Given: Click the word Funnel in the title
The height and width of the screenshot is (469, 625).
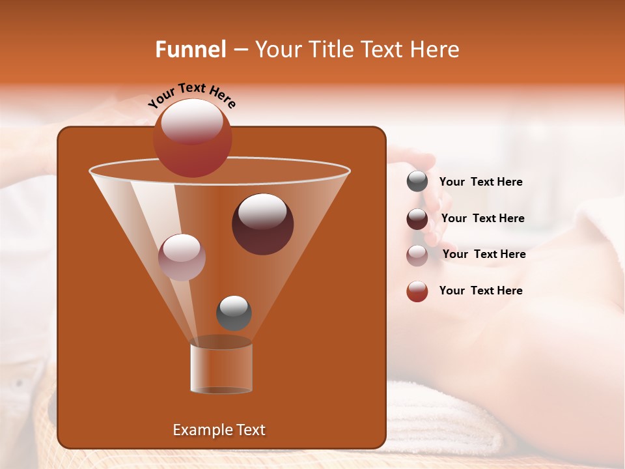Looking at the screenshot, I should (190, 50).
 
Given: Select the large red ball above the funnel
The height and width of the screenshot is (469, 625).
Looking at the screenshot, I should (192, 138).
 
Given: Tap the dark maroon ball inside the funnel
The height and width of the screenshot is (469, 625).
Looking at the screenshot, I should (262, 224).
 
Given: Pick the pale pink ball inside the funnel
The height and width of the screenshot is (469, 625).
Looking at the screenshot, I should (182, 257).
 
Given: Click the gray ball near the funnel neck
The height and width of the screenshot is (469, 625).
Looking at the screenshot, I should (234, 313).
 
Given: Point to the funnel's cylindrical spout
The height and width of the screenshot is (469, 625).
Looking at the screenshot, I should (221, 368).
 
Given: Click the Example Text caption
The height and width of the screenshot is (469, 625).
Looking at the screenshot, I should (219, 430).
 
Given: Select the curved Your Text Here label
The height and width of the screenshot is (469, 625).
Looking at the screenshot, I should (191, 95).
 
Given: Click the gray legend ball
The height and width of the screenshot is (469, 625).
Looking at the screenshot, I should (417, 182).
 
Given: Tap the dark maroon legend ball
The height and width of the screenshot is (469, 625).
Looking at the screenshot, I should (417, 219).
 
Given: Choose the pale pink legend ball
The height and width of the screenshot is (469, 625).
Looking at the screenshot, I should (417, 255).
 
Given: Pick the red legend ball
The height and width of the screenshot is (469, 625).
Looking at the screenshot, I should (417, 291).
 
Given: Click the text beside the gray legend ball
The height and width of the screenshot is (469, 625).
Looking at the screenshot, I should (480, 182).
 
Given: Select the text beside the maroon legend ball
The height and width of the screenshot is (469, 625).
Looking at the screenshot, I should (482, 218).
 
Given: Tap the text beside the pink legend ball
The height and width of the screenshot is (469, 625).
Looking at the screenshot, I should (484, 254).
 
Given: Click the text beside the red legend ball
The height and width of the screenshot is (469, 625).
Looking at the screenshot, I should (480, 291).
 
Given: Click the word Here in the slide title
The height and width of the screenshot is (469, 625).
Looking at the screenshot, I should (434, 50).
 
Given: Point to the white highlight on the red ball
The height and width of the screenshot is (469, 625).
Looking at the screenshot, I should (191, 122).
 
